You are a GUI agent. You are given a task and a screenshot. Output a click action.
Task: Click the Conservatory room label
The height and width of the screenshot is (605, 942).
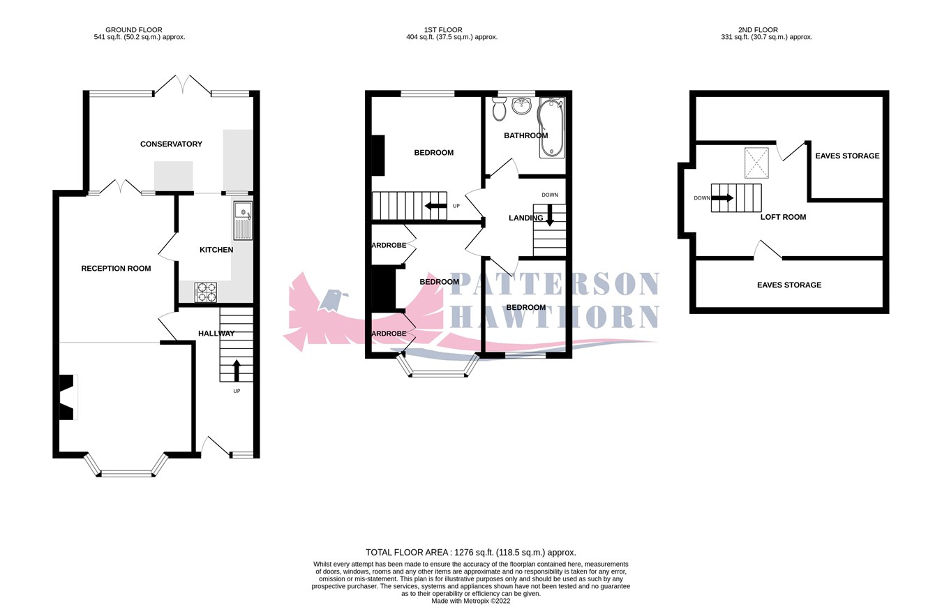(171, 144)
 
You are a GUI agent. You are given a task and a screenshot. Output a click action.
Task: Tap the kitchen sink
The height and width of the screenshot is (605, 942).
(243, 220)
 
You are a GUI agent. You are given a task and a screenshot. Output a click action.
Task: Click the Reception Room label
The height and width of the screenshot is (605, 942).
(116, 269)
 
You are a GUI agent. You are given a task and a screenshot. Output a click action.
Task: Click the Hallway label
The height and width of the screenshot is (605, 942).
(216, 334)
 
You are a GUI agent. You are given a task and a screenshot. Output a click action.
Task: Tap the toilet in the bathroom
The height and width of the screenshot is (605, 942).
(498, 108)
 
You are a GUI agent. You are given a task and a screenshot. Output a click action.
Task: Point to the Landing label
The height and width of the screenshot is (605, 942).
(525, 218)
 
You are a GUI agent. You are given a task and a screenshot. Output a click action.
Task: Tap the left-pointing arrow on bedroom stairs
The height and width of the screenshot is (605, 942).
(436, 206)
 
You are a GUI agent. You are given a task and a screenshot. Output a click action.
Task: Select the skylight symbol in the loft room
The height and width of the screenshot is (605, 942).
(755, 163)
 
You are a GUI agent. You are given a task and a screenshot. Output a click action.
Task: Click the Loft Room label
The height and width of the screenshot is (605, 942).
(783, 217)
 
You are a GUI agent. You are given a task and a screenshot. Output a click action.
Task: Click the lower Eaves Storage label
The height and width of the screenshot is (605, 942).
(789, 285)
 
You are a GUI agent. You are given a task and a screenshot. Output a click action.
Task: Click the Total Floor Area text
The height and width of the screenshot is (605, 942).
(471, 552)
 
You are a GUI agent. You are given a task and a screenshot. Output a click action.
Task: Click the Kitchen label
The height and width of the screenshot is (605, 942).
(216, 250)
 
